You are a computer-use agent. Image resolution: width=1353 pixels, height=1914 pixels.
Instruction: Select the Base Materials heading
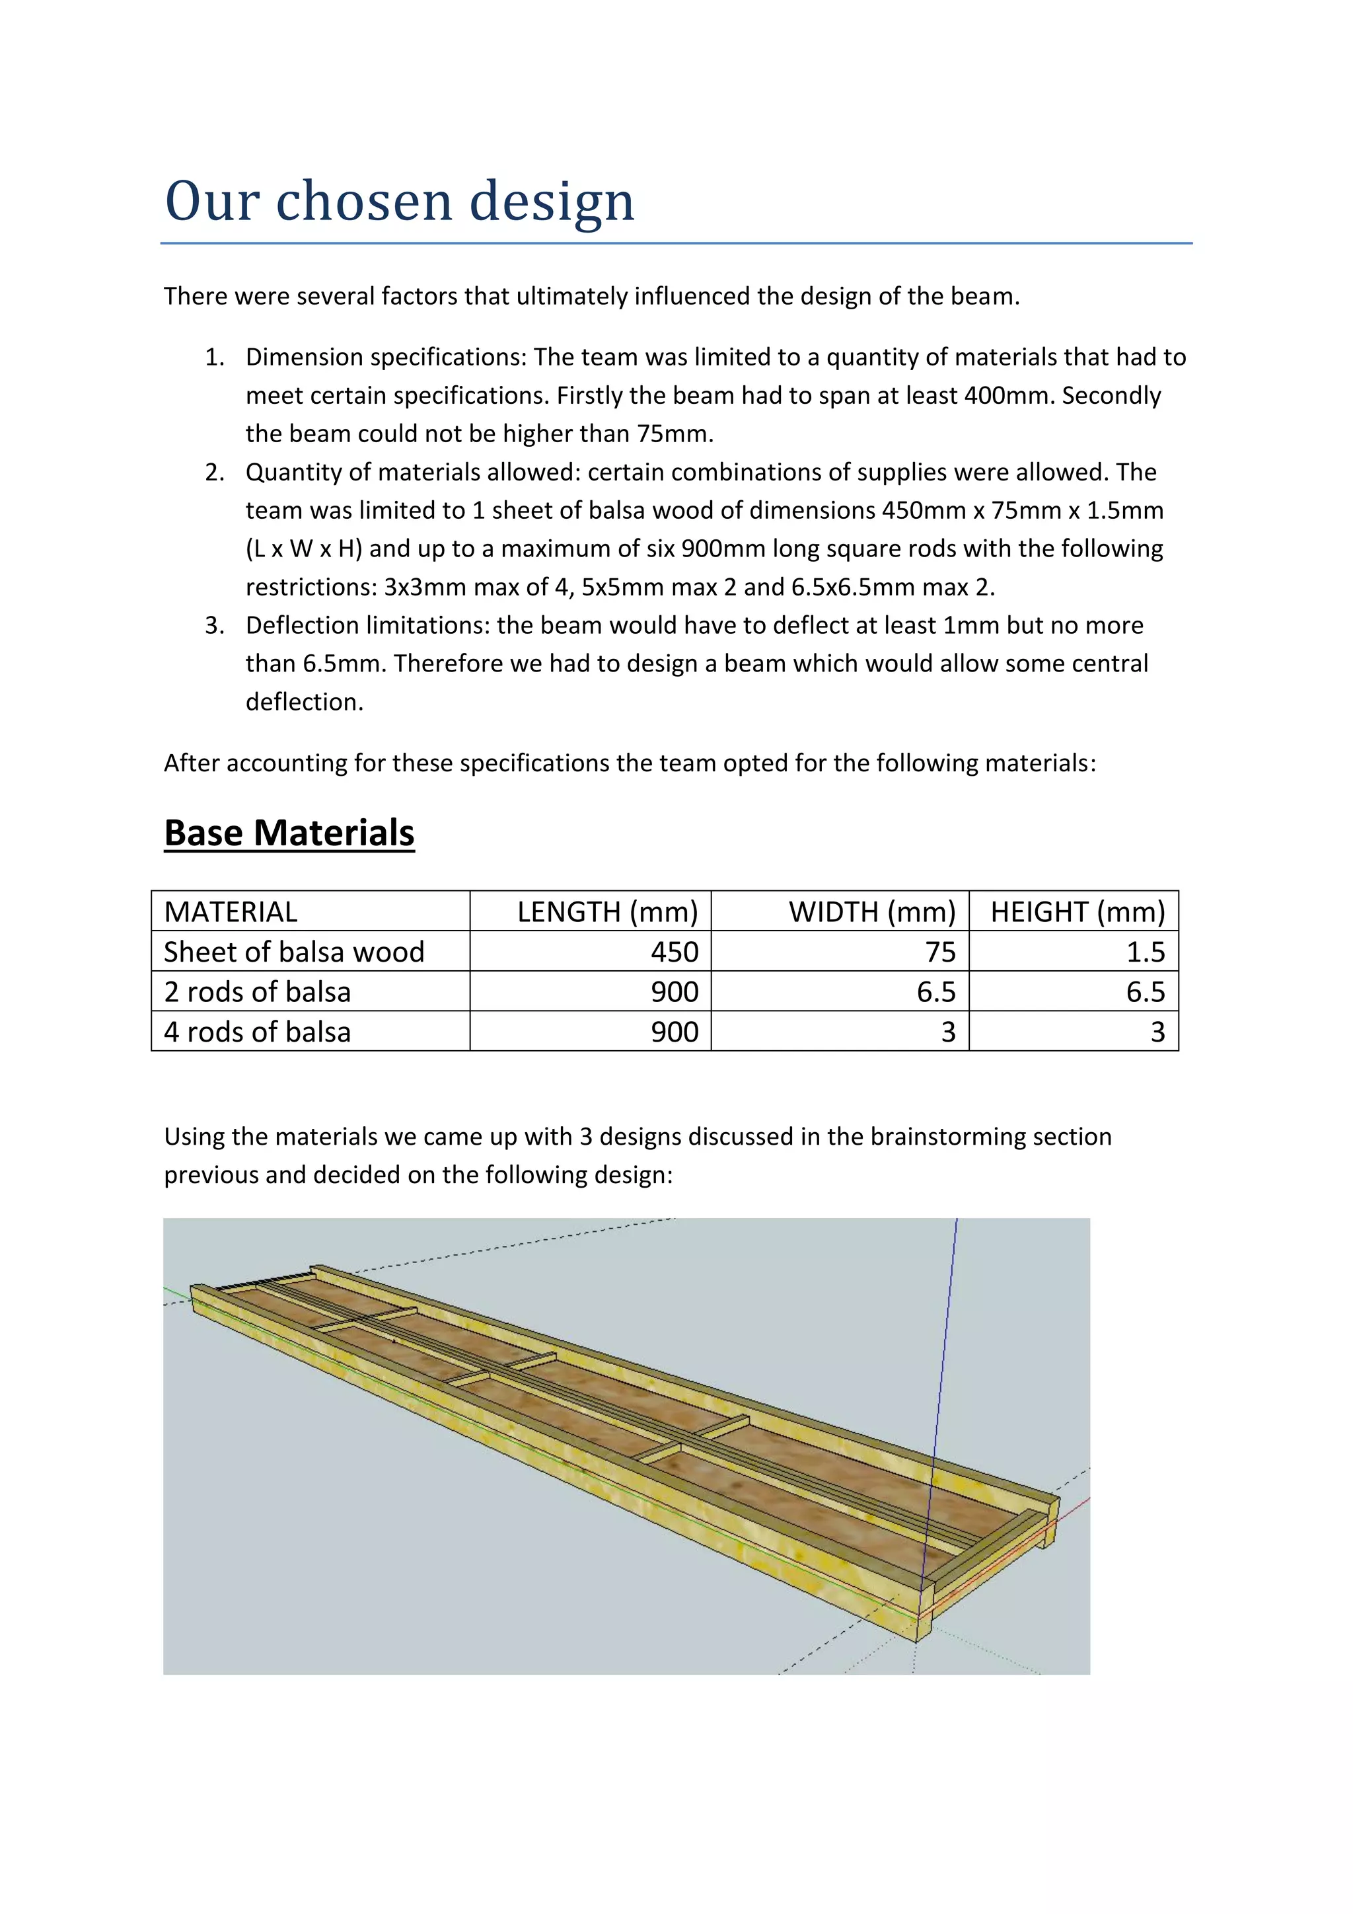coord(289,833)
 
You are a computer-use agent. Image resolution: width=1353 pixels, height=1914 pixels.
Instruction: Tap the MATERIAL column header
coord(231,912)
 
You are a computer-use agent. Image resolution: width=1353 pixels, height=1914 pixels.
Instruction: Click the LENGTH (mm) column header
coord(607,912)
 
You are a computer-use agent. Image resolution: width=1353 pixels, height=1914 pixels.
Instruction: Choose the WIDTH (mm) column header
coord(871,912)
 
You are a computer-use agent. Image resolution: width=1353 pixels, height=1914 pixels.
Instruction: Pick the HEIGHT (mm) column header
coord(1078,912)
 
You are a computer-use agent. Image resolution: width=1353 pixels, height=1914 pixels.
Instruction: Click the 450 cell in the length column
coord(674,952)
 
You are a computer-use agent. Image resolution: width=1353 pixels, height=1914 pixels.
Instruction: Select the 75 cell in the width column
coord(940,952)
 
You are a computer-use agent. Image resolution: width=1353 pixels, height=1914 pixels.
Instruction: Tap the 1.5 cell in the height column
coord(1146,952)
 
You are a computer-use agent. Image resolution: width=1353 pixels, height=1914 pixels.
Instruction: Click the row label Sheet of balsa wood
coord(294,952)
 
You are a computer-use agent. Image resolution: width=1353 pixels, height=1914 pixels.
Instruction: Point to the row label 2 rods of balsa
coord(258,992)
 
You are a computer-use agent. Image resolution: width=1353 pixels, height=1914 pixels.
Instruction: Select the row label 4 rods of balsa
coord(258,1032)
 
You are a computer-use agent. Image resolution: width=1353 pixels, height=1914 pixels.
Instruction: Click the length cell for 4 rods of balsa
coord(674,1032)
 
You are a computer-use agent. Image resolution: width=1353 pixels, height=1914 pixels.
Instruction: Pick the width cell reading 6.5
coord(935,992)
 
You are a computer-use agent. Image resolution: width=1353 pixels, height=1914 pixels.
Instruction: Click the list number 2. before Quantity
coord(215,473)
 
